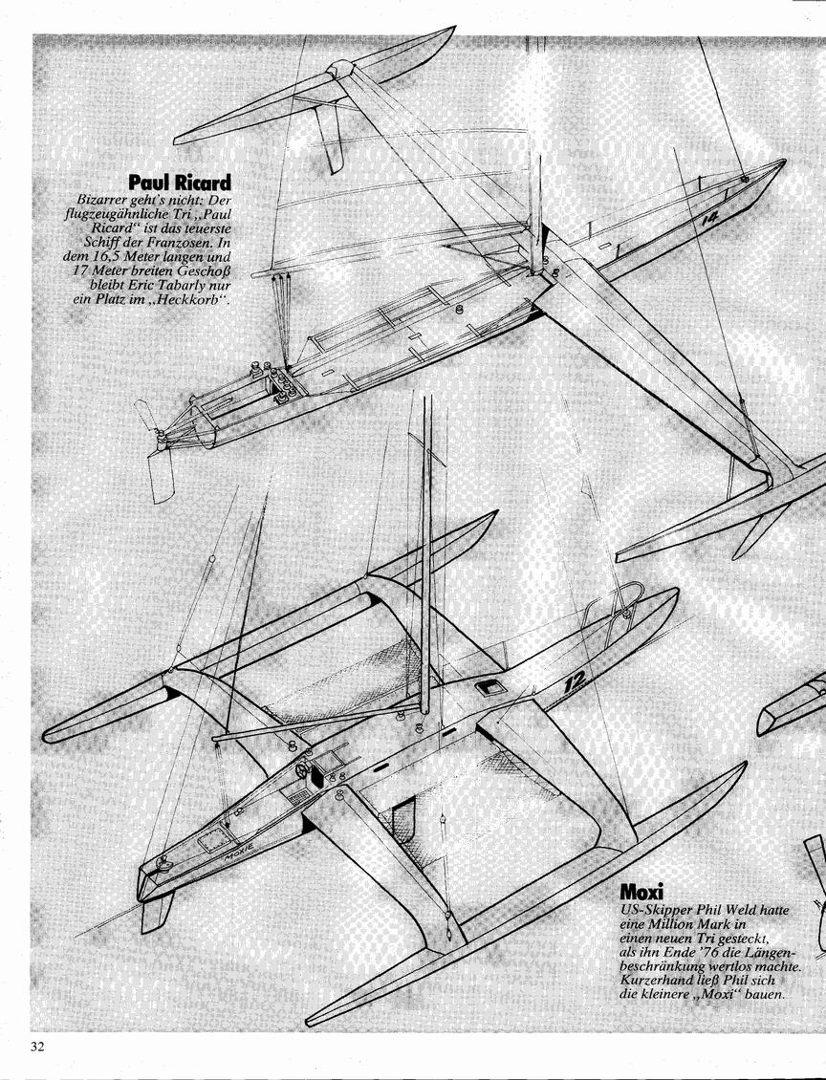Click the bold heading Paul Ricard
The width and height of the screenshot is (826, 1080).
click(x=180, y=183)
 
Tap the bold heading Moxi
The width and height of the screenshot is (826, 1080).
click(x=642, y=892)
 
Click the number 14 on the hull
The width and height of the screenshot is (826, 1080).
click(x=709, y=219)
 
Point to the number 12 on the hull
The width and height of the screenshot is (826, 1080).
click(x=574, y=681)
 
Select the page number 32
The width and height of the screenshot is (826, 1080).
click(x=37, y=1047)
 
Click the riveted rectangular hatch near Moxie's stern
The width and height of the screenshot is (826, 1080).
click(x=211, y=840)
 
